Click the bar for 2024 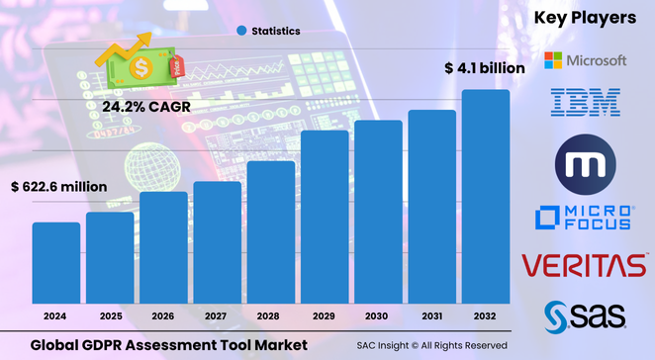56,262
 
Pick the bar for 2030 378,212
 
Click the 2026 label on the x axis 162,315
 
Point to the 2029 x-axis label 324,315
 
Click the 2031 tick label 431,315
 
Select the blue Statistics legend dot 242,32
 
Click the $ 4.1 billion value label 485,68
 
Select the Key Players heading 585,18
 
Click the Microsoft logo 585,60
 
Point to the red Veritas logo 585,265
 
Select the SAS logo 585,315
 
